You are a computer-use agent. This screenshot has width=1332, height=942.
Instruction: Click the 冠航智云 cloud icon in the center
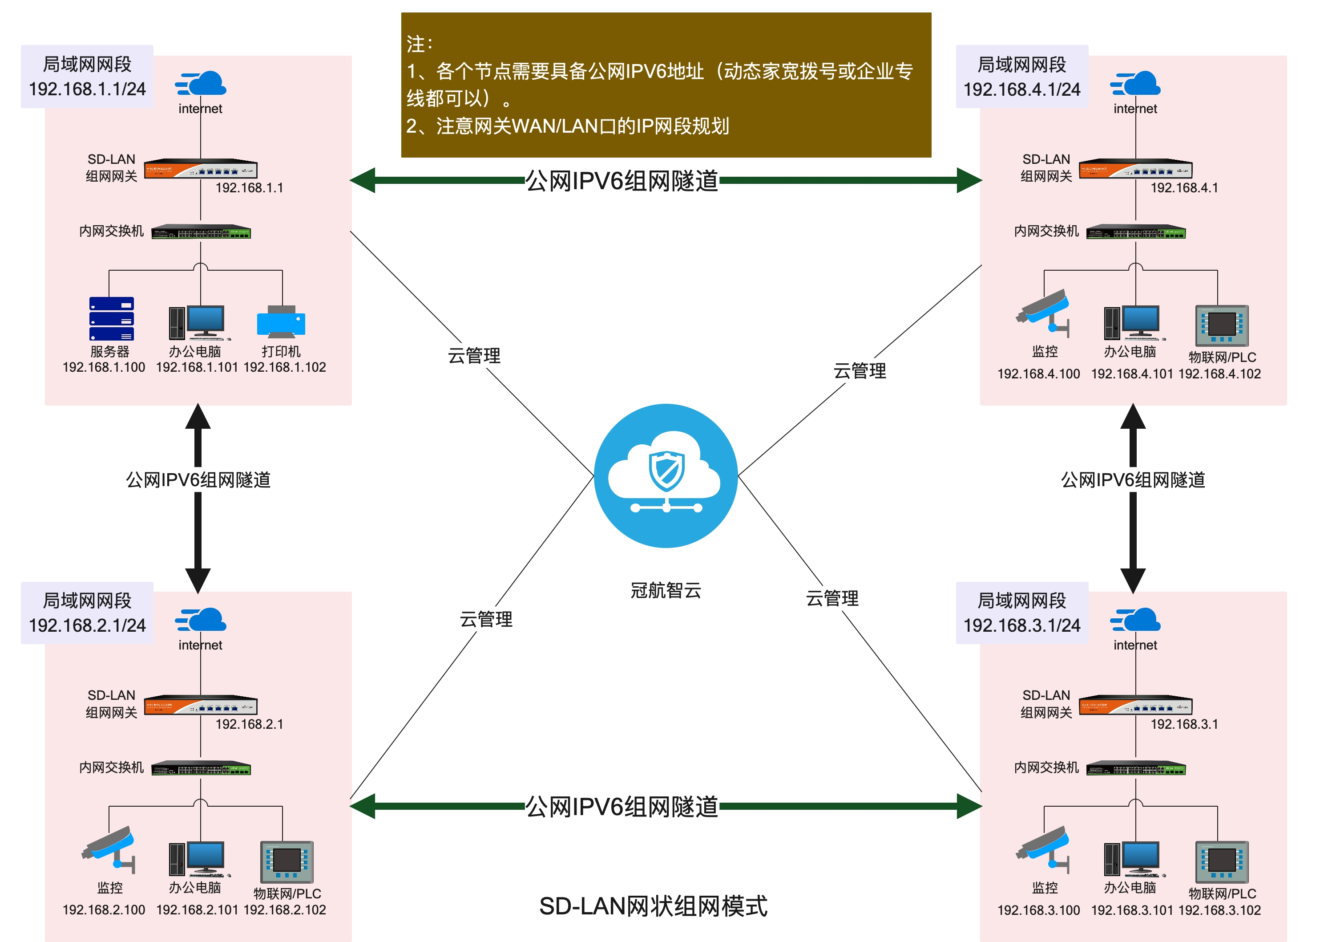(666, 475)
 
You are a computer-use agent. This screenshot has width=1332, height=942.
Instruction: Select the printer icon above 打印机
(281, 321)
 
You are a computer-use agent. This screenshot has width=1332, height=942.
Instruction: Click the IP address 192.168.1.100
(104, 367)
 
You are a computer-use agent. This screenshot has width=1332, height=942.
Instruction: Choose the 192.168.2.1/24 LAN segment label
(87, 625)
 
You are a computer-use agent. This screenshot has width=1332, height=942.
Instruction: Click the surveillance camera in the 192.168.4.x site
(1044, 312)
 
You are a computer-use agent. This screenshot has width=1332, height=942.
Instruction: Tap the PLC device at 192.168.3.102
(1222, 862)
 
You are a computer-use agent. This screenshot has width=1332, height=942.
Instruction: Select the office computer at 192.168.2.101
(197, 859)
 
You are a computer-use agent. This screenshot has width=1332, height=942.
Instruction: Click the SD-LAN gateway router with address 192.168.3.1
(1135, 705)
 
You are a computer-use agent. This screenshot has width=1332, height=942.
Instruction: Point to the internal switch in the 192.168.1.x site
(201, 232)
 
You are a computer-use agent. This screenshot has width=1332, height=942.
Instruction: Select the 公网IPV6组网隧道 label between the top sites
(622, 181)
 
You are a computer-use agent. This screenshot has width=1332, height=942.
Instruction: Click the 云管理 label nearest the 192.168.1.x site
(474, 356)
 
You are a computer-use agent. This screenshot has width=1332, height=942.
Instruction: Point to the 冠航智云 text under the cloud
(666, 590)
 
